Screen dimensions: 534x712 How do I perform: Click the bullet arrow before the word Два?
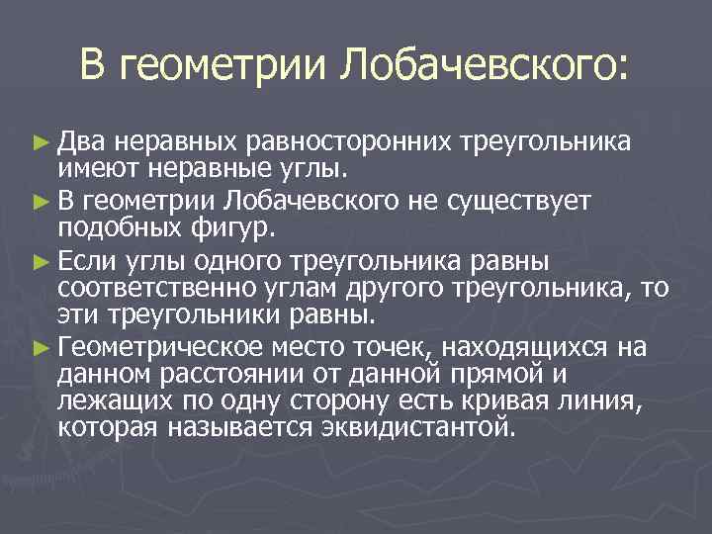(x=40, y=144)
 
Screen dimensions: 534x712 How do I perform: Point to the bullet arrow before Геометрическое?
(x=40, y=347)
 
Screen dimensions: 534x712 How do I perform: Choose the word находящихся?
(x=529, y=347)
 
